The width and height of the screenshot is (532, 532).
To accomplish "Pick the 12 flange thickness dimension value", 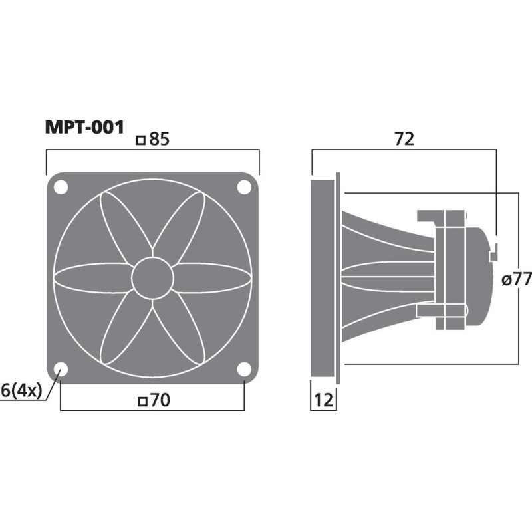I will (323, 401).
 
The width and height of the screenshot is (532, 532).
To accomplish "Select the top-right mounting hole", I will (243, 188).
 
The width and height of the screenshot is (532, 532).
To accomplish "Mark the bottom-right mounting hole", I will (243, 370).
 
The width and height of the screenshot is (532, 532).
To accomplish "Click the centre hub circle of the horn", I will (152, 279).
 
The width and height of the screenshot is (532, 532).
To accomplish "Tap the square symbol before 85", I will (140, 140).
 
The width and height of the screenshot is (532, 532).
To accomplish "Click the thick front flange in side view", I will (324, 279).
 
